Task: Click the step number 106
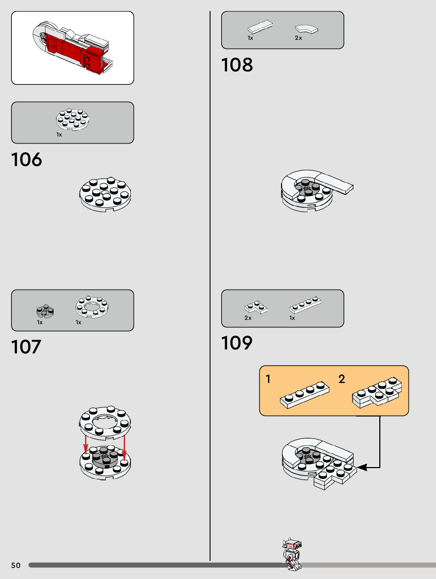(x=26, y=160)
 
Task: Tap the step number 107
(x=26, y=347)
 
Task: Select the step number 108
(x=237, y=65)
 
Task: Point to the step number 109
(x=237, y=343)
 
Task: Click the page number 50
(x=16, y=565)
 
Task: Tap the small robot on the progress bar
(x=292, y=554)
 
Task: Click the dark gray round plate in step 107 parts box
(x=45, y=311)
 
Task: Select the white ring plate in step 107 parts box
(x=92, y=306)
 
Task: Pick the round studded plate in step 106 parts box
(x=73, y=119)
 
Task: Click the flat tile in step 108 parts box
(x=260, y=27)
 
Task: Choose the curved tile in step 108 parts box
(x=306, y=29)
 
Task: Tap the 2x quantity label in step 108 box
(x=298, y=38)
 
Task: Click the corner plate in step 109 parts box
(x=255, y=307)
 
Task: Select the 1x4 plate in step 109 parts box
(x=305, y=304)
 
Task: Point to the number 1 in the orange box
(x=268, y=379)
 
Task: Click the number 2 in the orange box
(x=341, y=379)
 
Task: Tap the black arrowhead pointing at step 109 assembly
(x=362, y=467)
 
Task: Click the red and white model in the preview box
(x=73, y=48)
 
